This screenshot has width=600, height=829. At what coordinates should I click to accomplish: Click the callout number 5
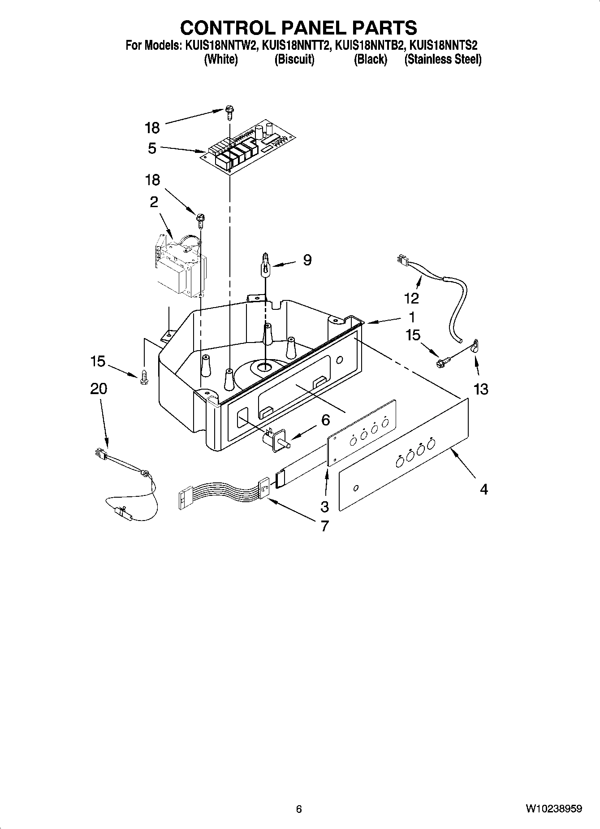tap(152, 148)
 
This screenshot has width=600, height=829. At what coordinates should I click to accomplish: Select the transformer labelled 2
tap(181, 267)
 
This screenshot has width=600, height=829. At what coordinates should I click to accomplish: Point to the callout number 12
tap(411, 298)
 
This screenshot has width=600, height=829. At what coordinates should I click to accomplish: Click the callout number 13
tap(480, 389)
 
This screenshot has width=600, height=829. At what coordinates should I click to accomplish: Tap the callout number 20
tap(99, 388)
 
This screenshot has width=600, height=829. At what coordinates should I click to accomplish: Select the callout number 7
tap(324, 525)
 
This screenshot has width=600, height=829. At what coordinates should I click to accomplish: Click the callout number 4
tap(483, 489)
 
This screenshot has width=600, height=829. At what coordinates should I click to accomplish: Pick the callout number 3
tap(324, 507)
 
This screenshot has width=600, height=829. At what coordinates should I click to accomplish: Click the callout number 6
tap(326, 420)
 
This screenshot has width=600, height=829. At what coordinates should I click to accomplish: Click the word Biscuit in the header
tap(294, 59)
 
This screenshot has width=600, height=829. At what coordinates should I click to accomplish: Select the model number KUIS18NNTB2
tap(370, 45)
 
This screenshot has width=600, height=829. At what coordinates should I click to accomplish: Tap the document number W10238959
tap(554, 809)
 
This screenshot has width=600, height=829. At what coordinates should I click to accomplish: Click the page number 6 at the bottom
tap(299, 809)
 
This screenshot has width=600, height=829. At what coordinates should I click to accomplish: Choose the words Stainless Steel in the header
tap(443, 59)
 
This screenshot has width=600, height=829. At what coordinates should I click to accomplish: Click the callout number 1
tap(411, 317)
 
